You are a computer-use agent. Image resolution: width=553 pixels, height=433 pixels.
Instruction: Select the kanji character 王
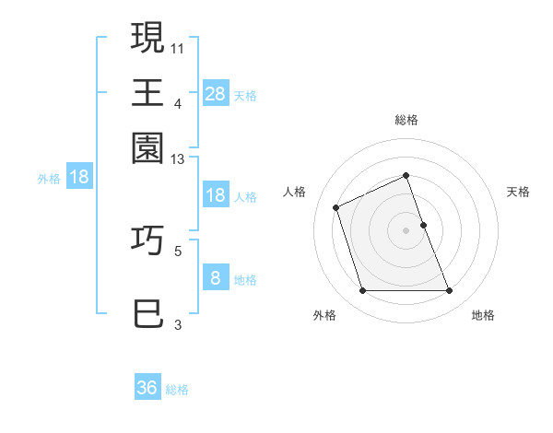148,92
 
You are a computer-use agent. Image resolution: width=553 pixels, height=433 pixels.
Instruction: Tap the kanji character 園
148,148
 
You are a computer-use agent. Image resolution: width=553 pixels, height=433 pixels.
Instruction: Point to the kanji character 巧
148,240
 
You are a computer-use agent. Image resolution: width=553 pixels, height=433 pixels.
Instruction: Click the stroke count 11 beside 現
178,46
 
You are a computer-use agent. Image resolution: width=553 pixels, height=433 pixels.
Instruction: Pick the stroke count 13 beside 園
178,159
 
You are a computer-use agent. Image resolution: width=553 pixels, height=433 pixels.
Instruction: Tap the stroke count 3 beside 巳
178,324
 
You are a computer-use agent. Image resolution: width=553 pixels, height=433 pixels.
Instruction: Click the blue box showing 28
215,93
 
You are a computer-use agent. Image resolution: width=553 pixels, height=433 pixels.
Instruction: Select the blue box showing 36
147,388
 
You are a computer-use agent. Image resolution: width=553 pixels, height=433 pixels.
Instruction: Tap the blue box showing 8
215,278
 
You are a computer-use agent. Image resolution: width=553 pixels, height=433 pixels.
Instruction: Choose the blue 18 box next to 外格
79,178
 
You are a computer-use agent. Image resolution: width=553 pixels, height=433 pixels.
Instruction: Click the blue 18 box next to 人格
215,194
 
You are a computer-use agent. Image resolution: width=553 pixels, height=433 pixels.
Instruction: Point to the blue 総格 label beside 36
177,390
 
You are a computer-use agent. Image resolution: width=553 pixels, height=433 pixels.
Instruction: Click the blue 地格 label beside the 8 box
245,280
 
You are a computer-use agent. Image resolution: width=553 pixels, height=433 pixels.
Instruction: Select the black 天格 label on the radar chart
518,192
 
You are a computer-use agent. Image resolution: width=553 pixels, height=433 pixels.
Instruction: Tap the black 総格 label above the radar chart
406,120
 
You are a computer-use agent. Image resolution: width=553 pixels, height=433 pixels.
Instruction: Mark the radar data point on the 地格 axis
450,291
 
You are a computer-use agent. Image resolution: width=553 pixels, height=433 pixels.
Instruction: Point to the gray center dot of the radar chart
406,230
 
